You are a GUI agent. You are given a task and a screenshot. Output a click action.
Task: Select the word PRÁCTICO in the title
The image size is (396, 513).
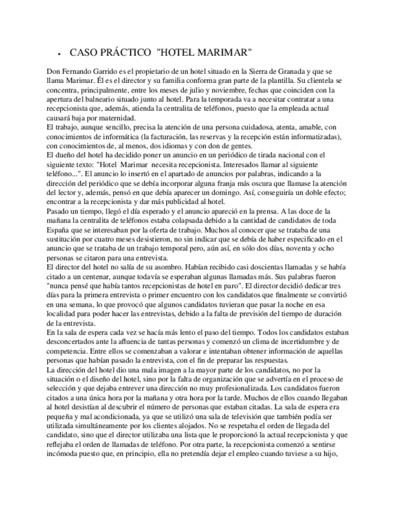tap(125, 52)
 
